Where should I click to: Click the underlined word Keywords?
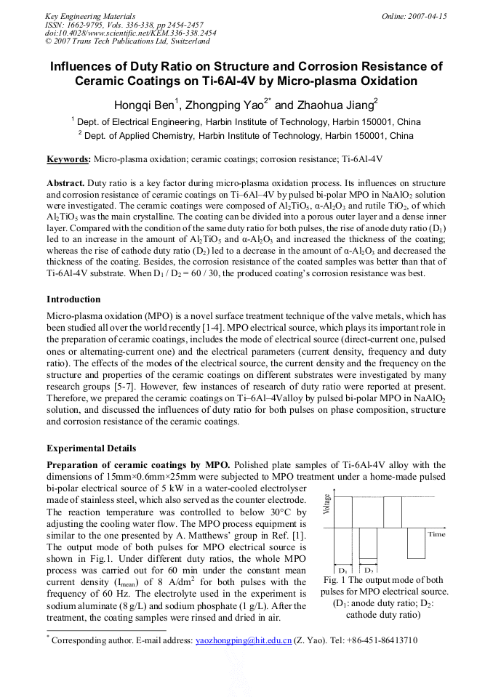click(68, 158)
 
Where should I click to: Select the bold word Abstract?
click(65, 183)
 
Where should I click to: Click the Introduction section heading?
click(73, 299)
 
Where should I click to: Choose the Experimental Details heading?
click(91, 448)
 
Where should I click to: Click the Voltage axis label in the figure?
click(326, 504)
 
